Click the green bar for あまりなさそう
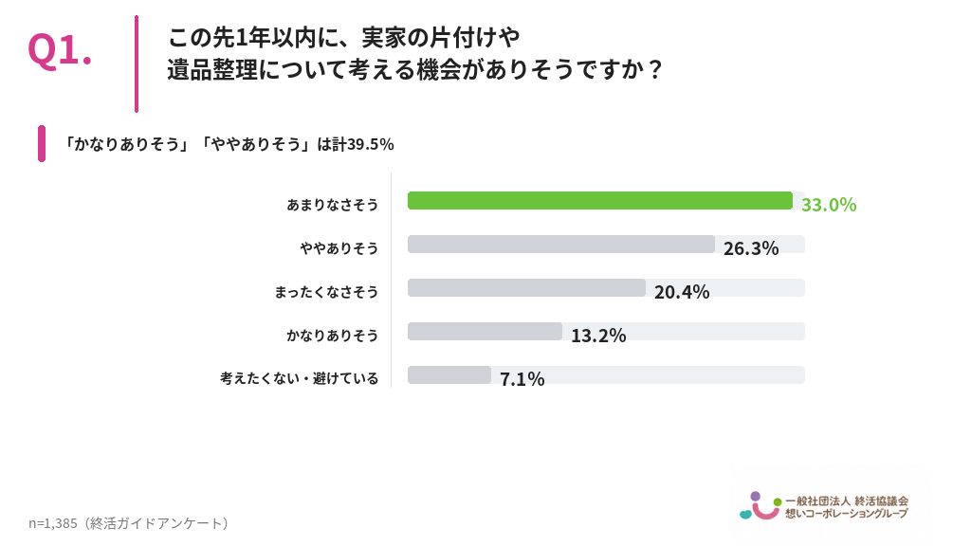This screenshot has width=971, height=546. [x=600, y=201]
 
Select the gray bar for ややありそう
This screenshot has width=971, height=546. [x=561, y=244]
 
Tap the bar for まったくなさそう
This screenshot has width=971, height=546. [x=526, y=288]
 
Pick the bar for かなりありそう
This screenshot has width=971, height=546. [x=485, y=331]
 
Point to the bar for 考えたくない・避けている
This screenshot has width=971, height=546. [x=449, y=374]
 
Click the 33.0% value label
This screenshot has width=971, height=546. [x=829, y=205]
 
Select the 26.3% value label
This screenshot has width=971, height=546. [x=751, y=248]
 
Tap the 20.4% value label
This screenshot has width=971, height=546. [x=682, y=292]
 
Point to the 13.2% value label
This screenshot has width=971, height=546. [x=598, y=336]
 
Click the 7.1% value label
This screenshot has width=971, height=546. [x=522, y=379]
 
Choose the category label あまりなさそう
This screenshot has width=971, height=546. [x=332, y=205]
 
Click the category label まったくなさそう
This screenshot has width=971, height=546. [x=326, y=292]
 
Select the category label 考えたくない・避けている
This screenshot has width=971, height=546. [x=299, y=378]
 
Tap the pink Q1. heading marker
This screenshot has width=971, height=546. [x=60, y=50]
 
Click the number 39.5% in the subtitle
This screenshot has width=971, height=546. [x=371, y=144]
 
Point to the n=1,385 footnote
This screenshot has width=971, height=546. [x=53, y=523]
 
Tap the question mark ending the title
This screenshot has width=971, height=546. [x=654, y=69]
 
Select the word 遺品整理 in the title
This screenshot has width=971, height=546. [x=212, y=69]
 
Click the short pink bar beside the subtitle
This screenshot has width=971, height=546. [x=42, y=144]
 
